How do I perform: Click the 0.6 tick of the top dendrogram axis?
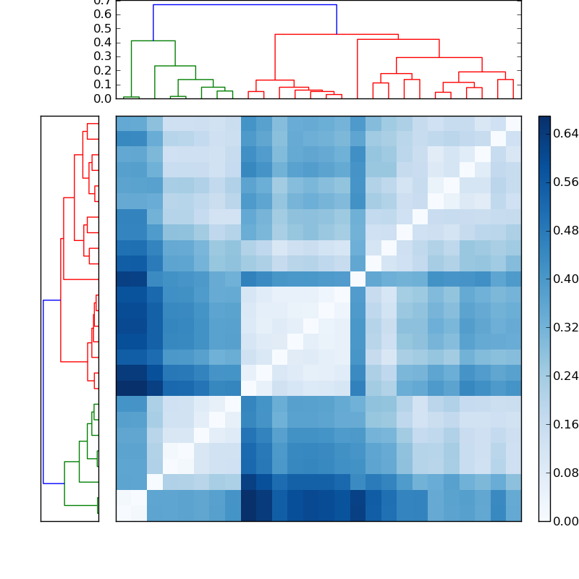click(103, 14)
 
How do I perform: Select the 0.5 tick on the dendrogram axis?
click(103, 28)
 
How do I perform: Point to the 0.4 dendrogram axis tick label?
click(103, 42)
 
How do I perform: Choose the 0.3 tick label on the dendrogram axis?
click(103, 56)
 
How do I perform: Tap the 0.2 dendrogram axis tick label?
click(103, 70)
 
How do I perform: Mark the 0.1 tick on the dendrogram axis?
click(103, 84)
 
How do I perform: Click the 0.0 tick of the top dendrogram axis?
click(103, 98)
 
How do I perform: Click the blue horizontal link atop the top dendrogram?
click(245, 5)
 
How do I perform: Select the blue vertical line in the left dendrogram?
click(43, 391)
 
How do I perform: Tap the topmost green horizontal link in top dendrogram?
click(153, 41)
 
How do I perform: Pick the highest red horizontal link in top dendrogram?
click(337, 34)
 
